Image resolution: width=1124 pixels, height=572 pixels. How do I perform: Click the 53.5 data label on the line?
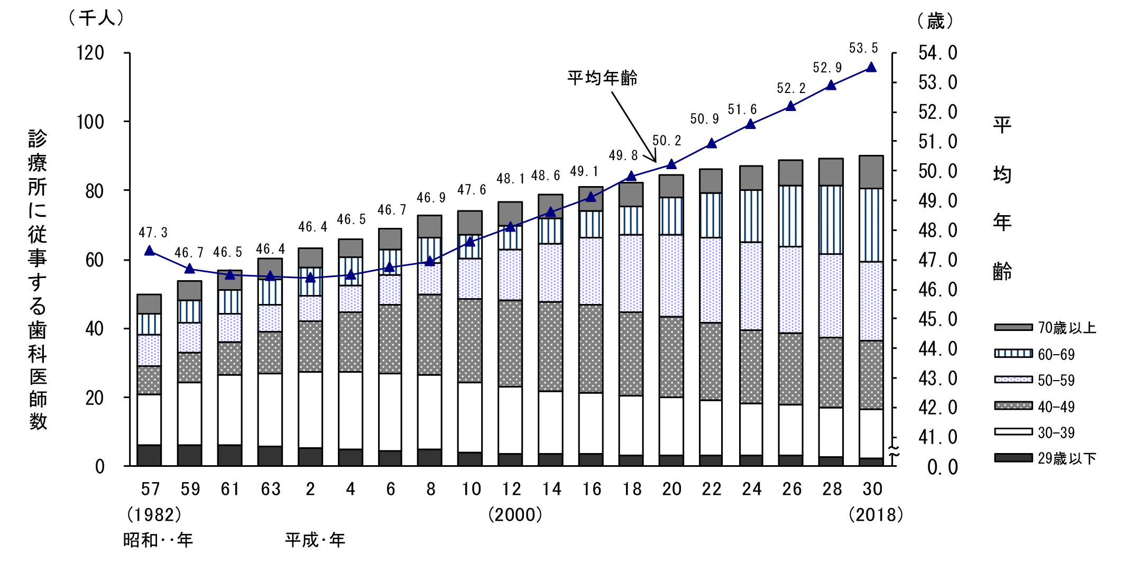pos(863,48)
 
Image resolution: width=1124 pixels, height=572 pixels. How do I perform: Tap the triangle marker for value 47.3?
pos(150,251)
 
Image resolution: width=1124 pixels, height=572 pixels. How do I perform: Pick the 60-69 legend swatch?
pos(1013,354)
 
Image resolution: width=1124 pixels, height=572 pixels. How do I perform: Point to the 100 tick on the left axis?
pos(90,122)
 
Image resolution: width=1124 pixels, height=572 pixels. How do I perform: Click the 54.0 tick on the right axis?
pos(937,53)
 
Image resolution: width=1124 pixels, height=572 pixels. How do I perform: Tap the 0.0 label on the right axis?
pos(942,467)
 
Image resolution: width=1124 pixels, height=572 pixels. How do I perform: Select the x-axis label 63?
pos(271,490)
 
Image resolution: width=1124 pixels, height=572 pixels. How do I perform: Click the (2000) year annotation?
pos(515,514)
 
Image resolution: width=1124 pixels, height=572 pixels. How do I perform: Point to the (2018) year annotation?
pos(876,514)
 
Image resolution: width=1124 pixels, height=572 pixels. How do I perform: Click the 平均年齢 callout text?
pos(602,78)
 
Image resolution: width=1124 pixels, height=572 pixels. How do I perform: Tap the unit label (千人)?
pos(96,19)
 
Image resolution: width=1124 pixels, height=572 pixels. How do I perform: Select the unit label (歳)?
pos(935,21)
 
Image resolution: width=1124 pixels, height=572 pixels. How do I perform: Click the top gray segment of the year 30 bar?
pos(871,172)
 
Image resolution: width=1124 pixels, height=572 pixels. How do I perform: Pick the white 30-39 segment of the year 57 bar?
pos(149,419)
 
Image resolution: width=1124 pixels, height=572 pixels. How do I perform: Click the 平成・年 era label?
pos(315,540)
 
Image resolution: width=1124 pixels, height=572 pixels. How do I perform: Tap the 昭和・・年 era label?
pos(158,540)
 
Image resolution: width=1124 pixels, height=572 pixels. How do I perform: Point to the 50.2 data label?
pos(667,141)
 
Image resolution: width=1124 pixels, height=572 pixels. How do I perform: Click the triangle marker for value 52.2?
pos(791,106)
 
